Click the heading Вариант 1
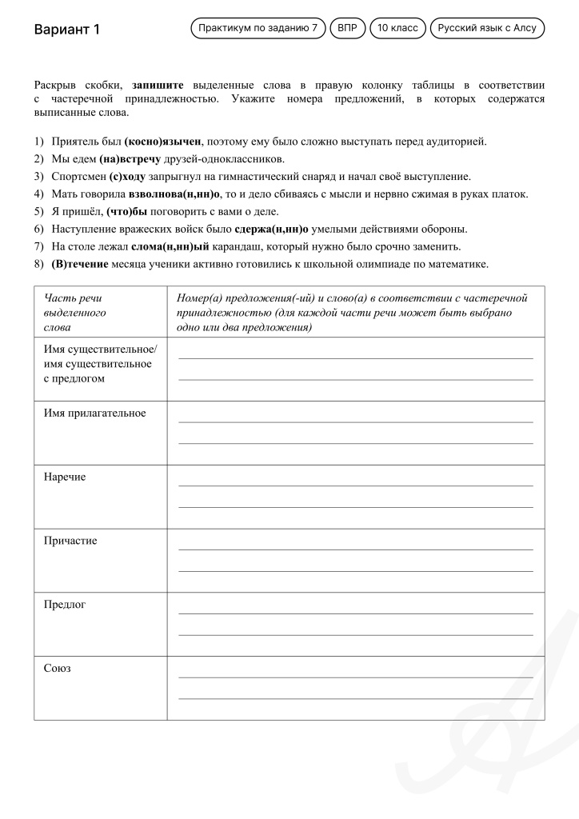67,30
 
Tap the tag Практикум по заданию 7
258,28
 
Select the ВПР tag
347,28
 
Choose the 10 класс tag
397,28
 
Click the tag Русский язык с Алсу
487,28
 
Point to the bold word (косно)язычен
163,142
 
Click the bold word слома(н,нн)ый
168,246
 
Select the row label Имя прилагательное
94,413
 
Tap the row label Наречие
64,477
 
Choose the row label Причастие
70,541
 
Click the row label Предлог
64,604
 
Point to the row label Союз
57,668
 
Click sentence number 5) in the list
39,212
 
